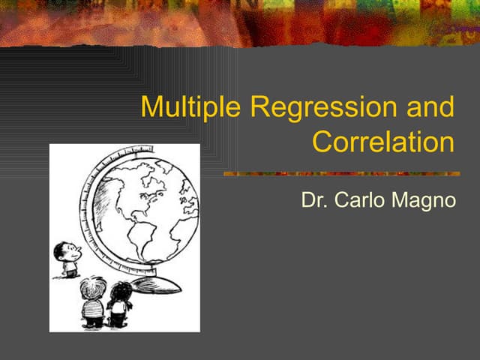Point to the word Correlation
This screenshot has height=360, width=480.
(x=383, y=141)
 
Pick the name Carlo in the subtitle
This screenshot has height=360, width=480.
(x=358, y=201)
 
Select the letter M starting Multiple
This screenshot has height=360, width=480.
(x=153, y=107)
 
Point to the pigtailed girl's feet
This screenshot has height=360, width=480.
(x=118, y=325)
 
